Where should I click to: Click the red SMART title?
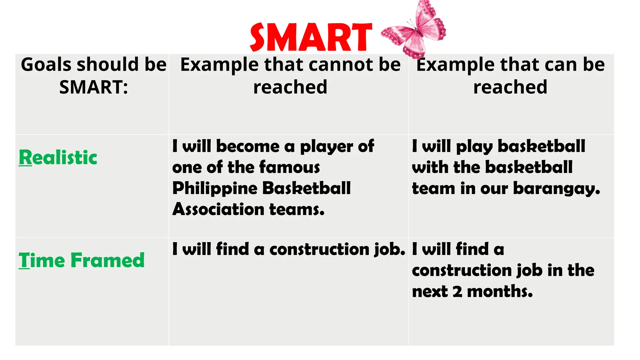[x=311, y=37]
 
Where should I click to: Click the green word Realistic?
[x=58, y=157]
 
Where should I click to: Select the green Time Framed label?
[x=82, y=260]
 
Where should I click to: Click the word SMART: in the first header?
[x=93, y=87]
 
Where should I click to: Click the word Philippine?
[x=215, y=189]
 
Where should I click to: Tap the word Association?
[x=218, y=209]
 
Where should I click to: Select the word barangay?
[x=556, y=189]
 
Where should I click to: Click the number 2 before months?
[x=457, y=292]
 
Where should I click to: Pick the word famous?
[x=289, y=167]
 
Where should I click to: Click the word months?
[x=500, y=292]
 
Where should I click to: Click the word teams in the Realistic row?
[x=297, y=209]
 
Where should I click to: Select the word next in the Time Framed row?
[x=429, y=292]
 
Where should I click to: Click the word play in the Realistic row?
[x=474, y=147]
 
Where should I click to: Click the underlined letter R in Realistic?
[x=25, y=157]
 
